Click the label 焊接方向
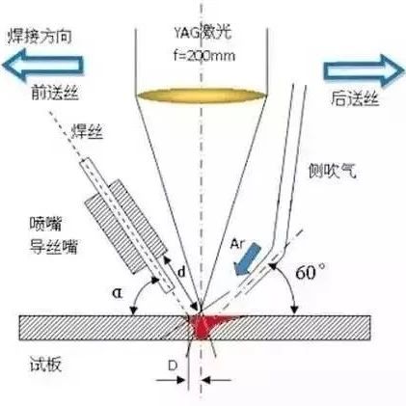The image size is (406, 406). (40, 37)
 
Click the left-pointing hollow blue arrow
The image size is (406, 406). (43, 65)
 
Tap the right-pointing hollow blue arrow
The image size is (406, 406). (364, 70)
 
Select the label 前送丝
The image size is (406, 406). (55, 93)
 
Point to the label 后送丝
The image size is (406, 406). (355, 98)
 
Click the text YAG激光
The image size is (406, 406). (203, 33)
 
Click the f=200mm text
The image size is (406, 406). (204, 56)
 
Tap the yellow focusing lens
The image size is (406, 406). (202, 95)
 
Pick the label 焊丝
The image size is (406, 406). (87, 131)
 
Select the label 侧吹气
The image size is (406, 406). (333, 171)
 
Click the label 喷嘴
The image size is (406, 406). (45, 224)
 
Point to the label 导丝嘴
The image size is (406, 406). (54, 247)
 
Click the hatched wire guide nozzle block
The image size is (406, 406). (126, 227)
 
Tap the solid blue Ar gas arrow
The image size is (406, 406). (247, 259)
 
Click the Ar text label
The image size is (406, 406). (237, 245)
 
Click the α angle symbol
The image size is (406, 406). (118, 292)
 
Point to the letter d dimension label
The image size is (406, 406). (181, 272)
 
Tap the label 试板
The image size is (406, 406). (45, 365)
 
